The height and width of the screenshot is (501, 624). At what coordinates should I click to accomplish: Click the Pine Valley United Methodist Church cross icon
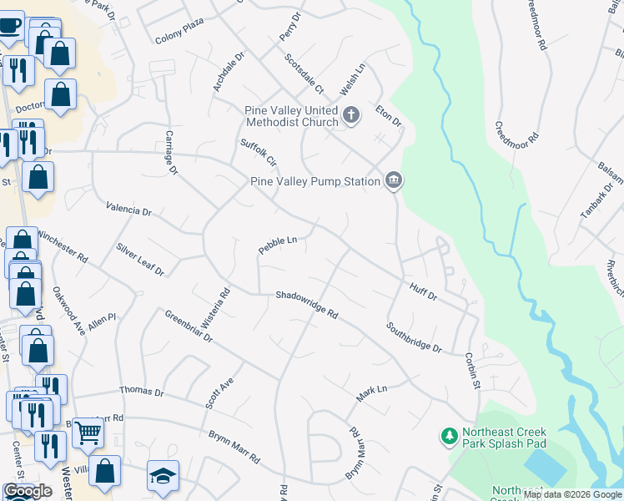(x=351, y=114)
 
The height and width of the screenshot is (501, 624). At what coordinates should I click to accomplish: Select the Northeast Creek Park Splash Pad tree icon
(x=450, y=436)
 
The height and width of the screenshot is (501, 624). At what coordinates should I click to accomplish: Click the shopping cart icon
(x=88, y=433)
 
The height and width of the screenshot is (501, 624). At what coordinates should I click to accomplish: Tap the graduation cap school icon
(x=163, y=476)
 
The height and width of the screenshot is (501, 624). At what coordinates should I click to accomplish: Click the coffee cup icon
(x=9, y=24)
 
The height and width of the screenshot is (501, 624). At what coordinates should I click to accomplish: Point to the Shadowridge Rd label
(x=307, y=306)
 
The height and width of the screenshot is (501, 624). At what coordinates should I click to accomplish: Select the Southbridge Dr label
(x=414, y=337)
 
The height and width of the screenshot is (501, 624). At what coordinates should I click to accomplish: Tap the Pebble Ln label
(x=278, y=245)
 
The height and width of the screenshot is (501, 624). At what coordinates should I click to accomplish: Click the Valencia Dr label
(x=128, y=209)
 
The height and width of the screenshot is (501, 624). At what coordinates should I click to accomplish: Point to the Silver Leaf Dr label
(x=141, y=260)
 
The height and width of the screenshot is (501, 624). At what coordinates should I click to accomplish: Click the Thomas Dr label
(x=142, y=391)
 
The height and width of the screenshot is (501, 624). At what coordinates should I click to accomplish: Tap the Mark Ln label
(x=372, y=393)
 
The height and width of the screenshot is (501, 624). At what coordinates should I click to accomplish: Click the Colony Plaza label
(x=179, y=38)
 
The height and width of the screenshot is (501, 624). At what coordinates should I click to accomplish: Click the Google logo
(x=28, y=492)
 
